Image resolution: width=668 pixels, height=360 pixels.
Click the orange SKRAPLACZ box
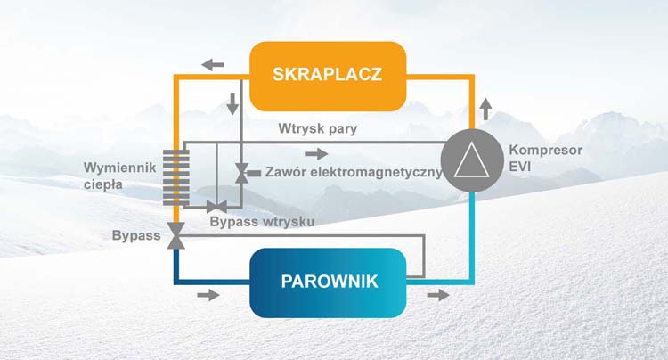[327, 76]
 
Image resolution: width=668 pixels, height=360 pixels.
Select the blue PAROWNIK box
[328, 282]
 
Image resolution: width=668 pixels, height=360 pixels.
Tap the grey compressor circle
[471, 160]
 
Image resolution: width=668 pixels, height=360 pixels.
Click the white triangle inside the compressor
[471, 160]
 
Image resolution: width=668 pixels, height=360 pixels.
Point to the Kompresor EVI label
[545, 158]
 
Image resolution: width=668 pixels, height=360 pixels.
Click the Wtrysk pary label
[318, 128]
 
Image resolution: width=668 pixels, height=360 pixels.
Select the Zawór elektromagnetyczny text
[354, 172]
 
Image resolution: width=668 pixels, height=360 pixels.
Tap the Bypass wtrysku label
[262, 222]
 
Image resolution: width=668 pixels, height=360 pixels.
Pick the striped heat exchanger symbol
[176, 177]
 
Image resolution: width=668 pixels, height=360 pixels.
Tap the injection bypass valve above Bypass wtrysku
[216, 207]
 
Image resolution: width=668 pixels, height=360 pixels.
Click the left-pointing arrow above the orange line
[213, 65]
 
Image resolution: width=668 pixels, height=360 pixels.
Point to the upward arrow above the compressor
[485, 109]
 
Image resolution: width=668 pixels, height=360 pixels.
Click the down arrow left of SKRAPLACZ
[232, 103]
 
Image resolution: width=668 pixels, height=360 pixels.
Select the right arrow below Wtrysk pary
[317, 154]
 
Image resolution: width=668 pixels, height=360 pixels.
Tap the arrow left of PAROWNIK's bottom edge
[208, 295]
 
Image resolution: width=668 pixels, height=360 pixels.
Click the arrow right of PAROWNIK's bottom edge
[438, 295]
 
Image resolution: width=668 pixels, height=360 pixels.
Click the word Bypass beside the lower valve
[136, 235]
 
